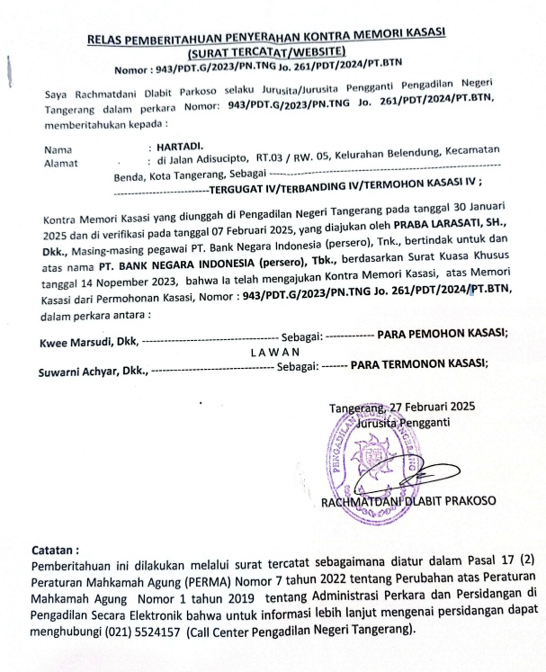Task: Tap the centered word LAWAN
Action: coord(275,352)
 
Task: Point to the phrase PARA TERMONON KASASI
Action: coord(419,365)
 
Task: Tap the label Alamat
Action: coord(60,163)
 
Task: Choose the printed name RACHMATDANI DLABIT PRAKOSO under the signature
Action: coord(408,501)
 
